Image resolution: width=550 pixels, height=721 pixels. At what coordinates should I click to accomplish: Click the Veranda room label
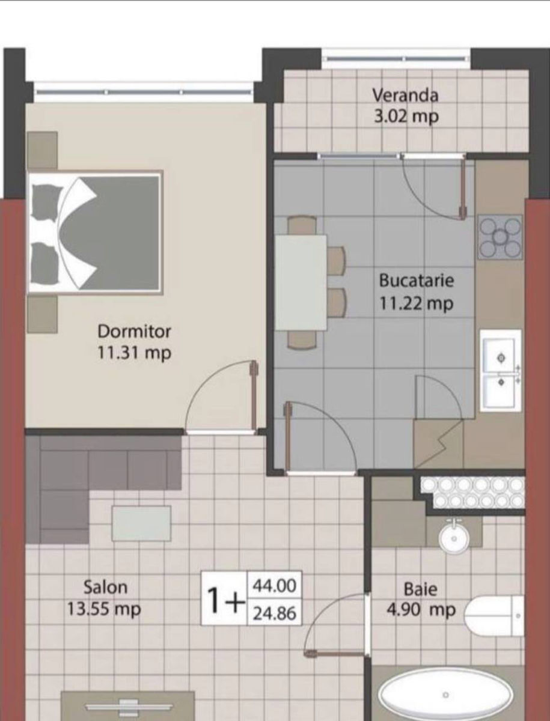click(x=405, y=96)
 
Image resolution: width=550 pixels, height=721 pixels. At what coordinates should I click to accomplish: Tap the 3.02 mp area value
click(x=406, y=117)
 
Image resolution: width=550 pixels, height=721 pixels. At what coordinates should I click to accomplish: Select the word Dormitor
click(x=134, y=332)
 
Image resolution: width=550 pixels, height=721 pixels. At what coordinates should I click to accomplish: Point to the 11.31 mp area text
click(x=135, y=353)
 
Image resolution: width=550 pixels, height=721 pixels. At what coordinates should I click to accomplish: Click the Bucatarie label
click(x=417, y=281)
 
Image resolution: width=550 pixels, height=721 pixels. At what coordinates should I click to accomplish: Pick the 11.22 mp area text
click(x=417, y=303)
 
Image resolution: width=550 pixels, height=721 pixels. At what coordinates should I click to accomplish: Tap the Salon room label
click(x=105, y=587)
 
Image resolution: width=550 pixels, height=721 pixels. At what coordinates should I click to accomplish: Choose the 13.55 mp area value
click(x=104, y=609)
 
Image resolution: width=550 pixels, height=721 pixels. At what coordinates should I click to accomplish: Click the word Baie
click(x=421, y=589)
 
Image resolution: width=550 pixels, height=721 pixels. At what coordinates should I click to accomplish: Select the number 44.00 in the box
click(x=274, y=586)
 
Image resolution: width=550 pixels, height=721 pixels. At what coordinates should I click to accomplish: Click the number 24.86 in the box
click(x=274, y=613)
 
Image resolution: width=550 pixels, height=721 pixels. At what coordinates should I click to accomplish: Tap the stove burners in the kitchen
click(x=500, y=237)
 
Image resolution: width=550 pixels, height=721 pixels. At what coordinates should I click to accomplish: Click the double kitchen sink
click(x=500, y=371)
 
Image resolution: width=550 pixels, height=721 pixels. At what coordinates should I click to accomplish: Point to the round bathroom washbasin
click(x=454, y=538)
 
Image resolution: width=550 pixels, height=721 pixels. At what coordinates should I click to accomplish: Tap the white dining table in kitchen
click(x=301, y=282)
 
